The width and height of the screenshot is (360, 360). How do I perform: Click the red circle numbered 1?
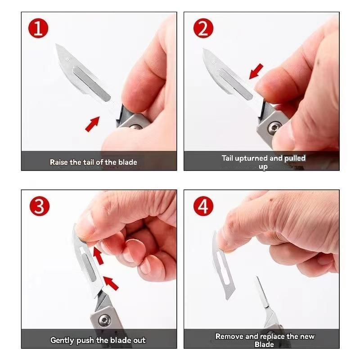[39, 28]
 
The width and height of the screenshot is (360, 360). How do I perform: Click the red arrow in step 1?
[92, 124]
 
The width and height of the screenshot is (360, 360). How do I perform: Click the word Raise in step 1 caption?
[59, 162]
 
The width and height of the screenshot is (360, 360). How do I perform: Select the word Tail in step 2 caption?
[228, 158]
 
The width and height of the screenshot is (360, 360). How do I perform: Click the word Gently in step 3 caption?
[63, 340]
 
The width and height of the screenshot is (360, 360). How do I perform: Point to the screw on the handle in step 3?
[104, 320]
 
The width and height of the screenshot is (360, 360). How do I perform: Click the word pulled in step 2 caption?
[294, 158]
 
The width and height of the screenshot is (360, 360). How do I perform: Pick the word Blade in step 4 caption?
[264, 345]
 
